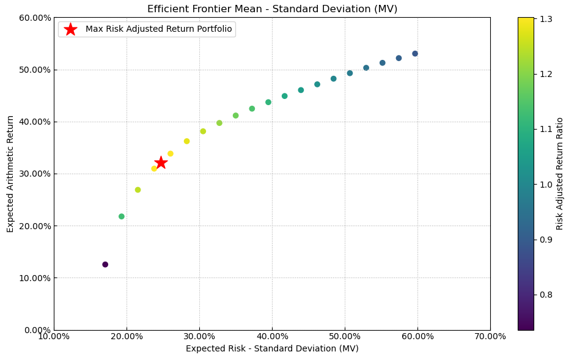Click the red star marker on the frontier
coord(161,162)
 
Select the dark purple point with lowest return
coord(105,265)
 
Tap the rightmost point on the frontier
coord(415,54)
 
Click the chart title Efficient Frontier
coord(272,9)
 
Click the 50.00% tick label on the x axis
coord(345,336)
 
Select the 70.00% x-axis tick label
coord(490,336)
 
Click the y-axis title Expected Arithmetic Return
coord(10,174)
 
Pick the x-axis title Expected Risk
coord(272,348)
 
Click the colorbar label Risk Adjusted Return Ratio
coord(560,174)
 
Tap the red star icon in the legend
coord(71,29)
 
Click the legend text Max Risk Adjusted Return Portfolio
coord(158,29)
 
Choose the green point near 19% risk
coord(122,216)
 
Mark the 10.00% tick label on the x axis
coord(54,336)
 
